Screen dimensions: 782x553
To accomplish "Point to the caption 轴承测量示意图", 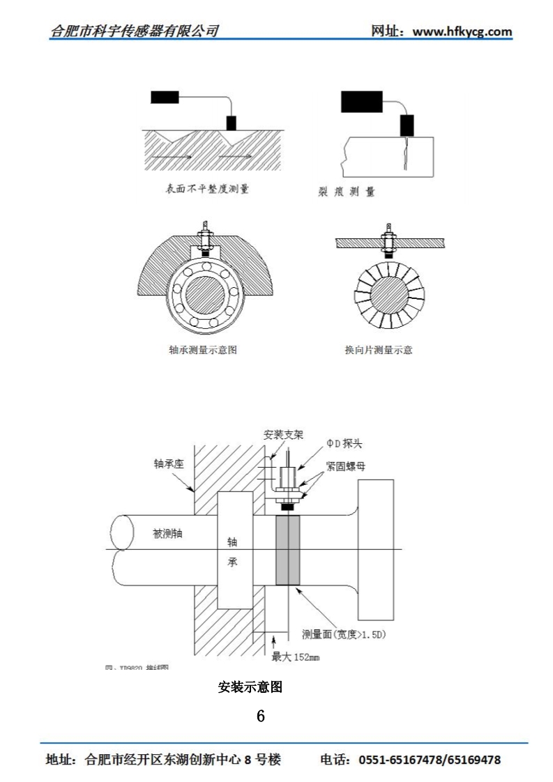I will [x=203, y=350].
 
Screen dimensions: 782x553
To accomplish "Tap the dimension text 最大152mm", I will [x=295, y=657].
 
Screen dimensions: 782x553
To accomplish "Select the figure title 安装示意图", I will [x=250, y=687].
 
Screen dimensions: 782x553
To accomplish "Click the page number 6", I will [x=261, y=715].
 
